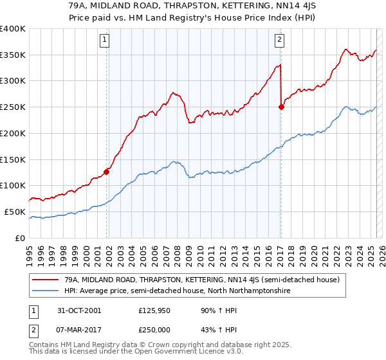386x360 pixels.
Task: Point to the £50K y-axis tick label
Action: pos(15,212)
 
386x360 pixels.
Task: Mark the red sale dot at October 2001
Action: pos(107,172)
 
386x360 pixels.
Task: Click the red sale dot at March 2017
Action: pos(281,107)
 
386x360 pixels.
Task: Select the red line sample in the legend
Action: pos(45,280)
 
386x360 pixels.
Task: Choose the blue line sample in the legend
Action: pos(45,291)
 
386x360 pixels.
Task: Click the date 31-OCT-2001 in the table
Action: pos(78,310)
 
